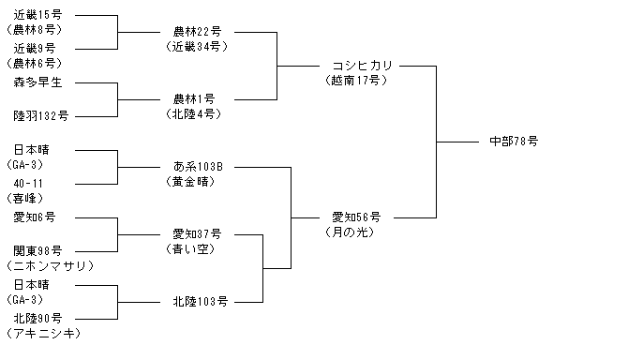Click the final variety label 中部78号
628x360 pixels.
tap(514, 142)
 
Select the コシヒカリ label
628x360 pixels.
tap(362, 66)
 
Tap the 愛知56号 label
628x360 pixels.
tap(356, 217)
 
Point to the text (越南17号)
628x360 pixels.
tap(356, 81)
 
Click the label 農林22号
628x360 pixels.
tap(197, 31)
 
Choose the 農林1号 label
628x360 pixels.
tap(194, 99)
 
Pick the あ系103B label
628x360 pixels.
tap(198, 166)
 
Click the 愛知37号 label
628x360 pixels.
tap(197, 233)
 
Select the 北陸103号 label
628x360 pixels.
tap(201, 301)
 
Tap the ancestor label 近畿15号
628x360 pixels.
tap(37, 15)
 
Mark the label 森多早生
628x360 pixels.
tap(37, 82)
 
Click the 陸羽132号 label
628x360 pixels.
tap(41, 116)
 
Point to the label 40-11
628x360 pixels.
tap(28, 184)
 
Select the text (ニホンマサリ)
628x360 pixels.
tap(50, 266)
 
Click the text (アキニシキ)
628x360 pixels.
tap(44, 334)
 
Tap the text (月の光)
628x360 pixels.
tap(350, 232)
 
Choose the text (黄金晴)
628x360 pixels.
tap(190, 182)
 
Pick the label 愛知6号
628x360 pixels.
tap(34, 217)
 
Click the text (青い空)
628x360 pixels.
tap(190, 249)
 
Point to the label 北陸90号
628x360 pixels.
tap(37, 319)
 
